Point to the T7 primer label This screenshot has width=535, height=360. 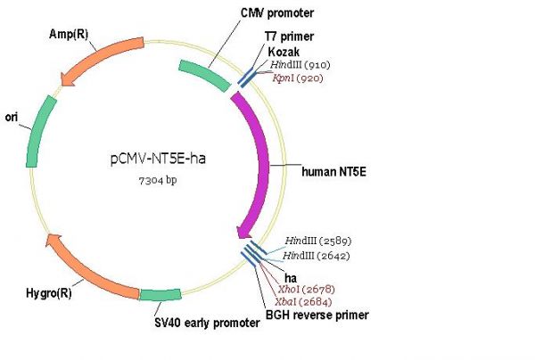coord(288,37)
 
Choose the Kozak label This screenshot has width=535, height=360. coord(283,53)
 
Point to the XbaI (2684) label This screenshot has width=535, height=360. coord(304,302)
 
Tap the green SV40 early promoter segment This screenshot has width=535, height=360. coord(160,296)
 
